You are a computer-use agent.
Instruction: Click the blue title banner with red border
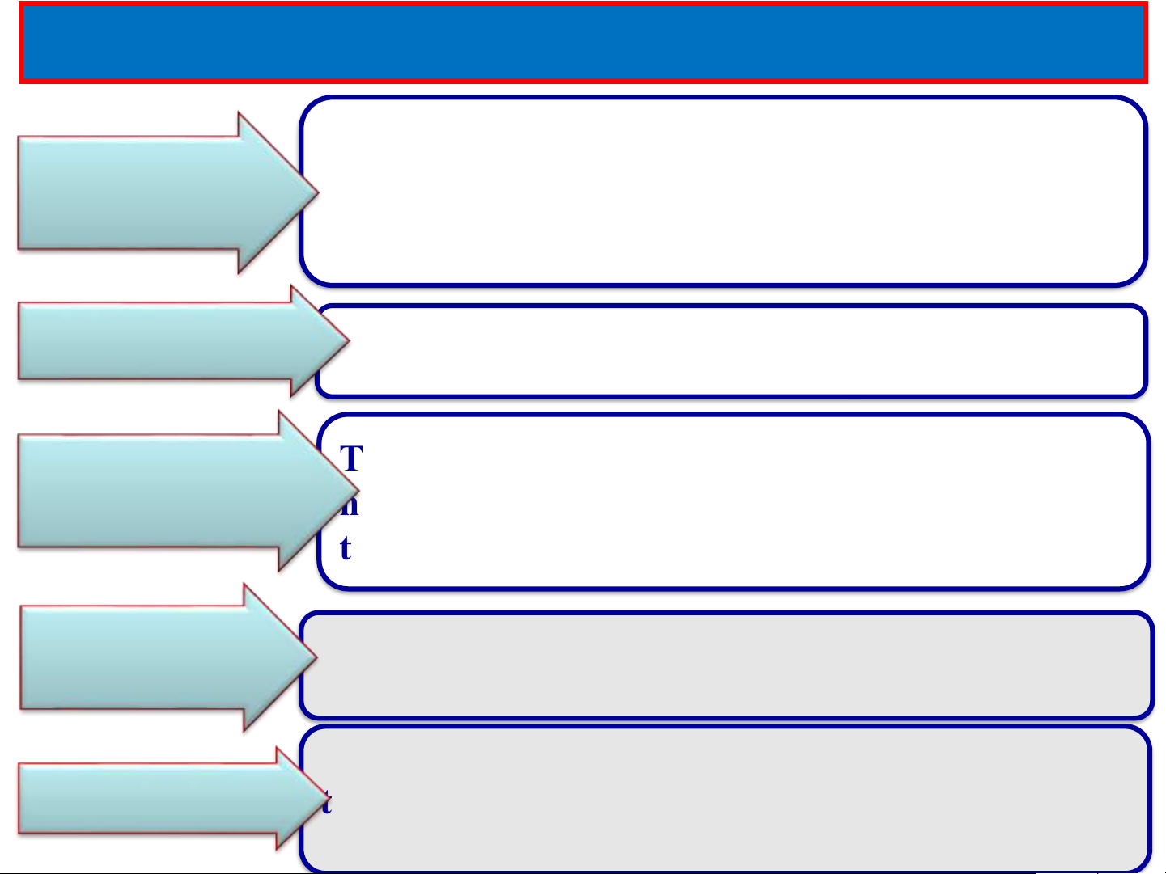click(583, 42)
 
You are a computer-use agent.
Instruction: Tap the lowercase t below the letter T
click(346, 548)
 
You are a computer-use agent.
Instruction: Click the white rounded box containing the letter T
click(744, 501)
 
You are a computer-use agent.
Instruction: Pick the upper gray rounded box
click(728, 665)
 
